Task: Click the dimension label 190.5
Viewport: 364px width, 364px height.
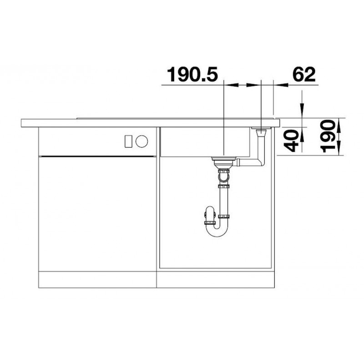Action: [192, 75]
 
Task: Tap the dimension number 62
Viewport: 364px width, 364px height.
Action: [304, 74]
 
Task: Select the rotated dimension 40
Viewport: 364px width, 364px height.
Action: [291, 141]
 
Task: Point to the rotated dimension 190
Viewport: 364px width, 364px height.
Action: [328, 136]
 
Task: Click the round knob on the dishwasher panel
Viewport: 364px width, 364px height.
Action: [142, 142]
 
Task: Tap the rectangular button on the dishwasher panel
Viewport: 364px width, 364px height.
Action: [128, 142]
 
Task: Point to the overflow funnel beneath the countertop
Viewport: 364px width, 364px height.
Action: [261, 133]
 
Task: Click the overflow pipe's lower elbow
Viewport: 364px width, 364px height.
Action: [261, 162]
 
